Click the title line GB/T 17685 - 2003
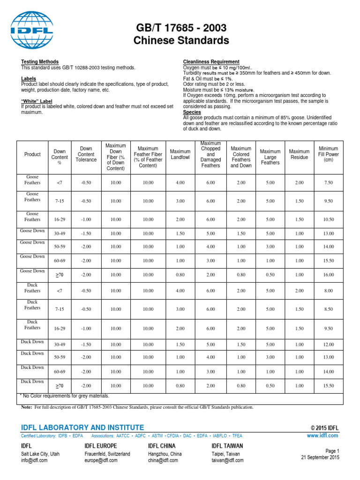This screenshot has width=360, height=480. [181, 27]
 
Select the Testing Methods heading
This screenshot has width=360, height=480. [40, 62]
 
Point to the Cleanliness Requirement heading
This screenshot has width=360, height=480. [211, 62]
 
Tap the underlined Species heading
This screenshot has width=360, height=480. [191, 112]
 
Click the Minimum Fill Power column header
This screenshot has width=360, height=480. [328, 154]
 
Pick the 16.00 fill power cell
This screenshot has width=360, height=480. [328, 275]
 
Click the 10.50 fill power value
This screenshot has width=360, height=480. [328, 219]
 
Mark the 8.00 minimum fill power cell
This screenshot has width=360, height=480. [328, 291]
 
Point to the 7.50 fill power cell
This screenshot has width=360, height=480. [328, 182]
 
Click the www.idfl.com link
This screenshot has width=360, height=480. [322, 435]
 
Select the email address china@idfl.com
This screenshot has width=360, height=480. [163, 460]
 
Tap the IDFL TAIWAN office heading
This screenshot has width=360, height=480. [228, 446]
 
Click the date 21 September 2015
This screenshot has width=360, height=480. [320, 457]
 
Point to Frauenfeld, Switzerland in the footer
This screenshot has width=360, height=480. [107, 454]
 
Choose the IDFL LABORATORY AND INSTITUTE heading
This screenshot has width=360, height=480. [83, 427]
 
